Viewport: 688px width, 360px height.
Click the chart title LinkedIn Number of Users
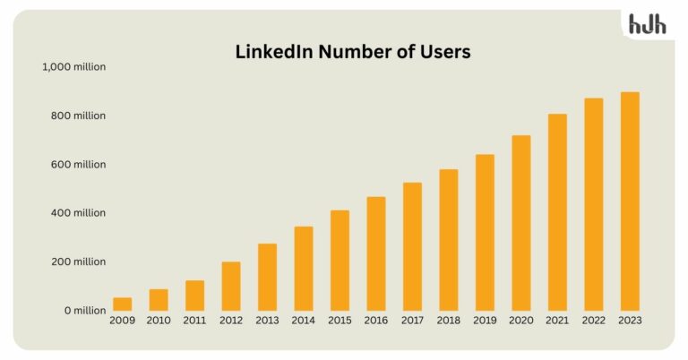(x=352, y=52)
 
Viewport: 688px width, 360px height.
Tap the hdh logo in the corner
(x=647, y=24)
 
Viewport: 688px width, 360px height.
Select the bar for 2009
(x=123, y=304)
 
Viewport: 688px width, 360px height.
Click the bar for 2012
(x=231, y=287)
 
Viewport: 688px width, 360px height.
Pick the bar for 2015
(x=340, y=261)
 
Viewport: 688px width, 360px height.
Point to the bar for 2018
(x=449, y=240)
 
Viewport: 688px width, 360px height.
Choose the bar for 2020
(x=521, y=223)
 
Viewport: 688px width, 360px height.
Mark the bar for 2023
(x=630, y=201)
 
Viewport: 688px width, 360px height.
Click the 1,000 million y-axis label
(x=73, y=67)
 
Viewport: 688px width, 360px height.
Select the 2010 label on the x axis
(x=159, y=321)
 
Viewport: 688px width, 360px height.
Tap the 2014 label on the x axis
(x=304, y=321)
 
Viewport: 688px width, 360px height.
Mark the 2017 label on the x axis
(x=412, y=321)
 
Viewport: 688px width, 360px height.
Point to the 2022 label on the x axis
(x=594, y=321)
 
